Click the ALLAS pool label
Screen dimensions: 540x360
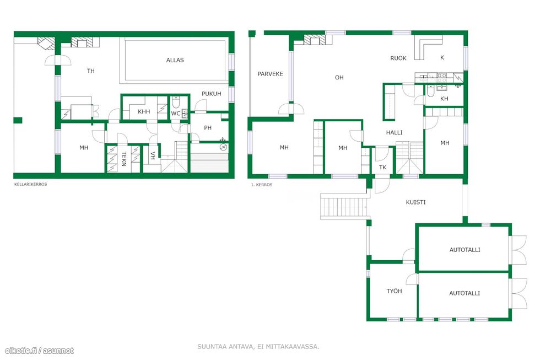[175, 60]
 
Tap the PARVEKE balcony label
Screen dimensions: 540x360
[271, 74]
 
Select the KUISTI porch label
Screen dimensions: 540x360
[415, 202]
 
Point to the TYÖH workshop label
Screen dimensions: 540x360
[394, 291]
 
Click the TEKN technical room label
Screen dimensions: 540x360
[124, 159]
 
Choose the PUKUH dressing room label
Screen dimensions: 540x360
[212, 94]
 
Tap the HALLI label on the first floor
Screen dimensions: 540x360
[395, 132]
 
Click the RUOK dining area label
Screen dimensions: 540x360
[398, 58]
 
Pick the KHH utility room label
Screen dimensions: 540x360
[144, 111]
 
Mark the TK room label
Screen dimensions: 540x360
[382, 168]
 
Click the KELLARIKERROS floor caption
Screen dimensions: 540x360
[31, 184]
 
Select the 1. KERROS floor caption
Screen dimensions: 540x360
[262, 185]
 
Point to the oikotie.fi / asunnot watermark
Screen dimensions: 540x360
[39, 351]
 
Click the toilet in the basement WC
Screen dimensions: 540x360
[176, 103]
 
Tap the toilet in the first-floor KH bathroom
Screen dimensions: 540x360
[430, 90]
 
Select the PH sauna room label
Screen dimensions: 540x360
[208, 128]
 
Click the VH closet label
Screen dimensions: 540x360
[153, 155]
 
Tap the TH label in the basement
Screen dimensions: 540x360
[90, 71]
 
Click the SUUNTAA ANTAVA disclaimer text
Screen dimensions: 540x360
[258, 347]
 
